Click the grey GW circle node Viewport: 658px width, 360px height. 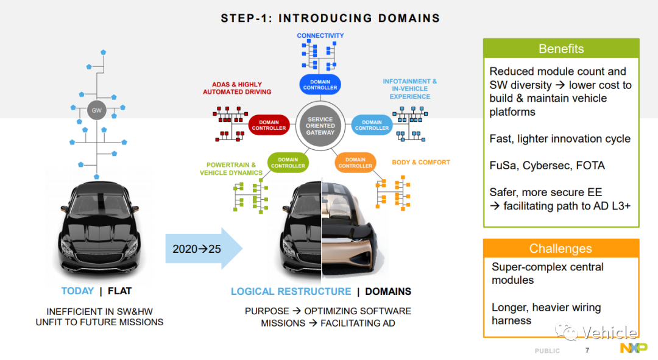coord(96,110)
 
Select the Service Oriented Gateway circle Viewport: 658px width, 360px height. coord(320,126)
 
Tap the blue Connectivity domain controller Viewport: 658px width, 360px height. coord(320,84)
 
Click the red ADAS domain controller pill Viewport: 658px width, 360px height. coord(269,125)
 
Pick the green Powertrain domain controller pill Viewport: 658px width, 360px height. coord(288,163)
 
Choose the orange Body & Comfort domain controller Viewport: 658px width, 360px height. coord(355,163)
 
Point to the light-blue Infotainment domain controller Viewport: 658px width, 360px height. coord(372,125)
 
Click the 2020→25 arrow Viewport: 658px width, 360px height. coord(204,249)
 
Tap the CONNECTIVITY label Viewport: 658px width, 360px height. coord(320,36)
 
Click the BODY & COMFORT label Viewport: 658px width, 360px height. coord(421,163)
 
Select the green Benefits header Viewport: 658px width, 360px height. coord(561,49)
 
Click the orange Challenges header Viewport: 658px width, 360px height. coord(561,249)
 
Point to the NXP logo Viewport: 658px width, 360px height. coord(634,348)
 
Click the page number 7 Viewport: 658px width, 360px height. coord(587,350)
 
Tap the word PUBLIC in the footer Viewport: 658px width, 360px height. coord(547,351)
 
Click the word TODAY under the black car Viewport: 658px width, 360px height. coord(77,291)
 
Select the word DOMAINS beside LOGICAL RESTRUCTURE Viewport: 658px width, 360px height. coord(388,291)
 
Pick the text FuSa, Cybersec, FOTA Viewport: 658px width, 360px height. coord(547,166)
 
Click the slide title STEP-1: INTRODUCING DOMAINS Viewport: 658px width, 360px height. coord(331,18)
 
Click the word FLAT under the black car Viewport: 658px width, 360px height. coord(119,291)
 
